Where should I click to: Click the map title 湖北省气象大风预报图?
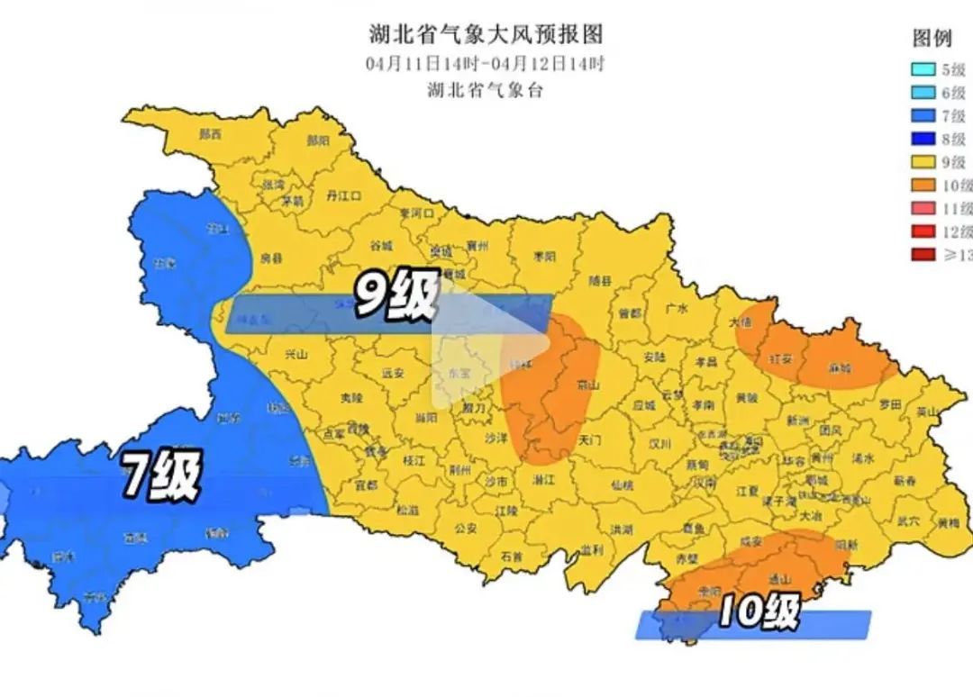[x=486, y=35]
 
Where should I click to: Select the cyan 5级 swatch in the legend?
[x=921, y=69]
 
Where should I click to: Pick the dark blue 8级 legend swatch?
[x=921, y=140]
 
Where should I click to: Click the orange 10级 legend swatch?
[x=921, y=186]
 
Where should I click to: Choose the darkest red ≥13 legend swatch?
[x=921, y=256]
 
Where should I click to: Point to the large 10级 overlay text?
[x=759, y=613]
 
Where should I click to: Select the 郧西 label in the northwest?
[x=211, y=134]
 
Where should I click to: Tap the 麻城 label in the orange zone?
[x=840, y=368]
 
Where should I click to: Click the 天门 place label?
[x=589, y=440]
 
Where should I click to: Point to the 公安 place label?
[x=465, y=529]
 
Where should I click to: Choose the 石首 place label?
[x=511, y=556]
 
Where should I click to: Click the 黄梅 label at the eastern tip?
[x=948, y=521]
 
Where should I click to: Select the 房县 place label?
[x=270, y=258]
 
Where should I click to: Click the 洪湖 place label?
[x=621, y=530]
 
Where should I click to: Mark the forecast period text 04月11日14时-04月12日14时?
[x=486, y=64]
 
